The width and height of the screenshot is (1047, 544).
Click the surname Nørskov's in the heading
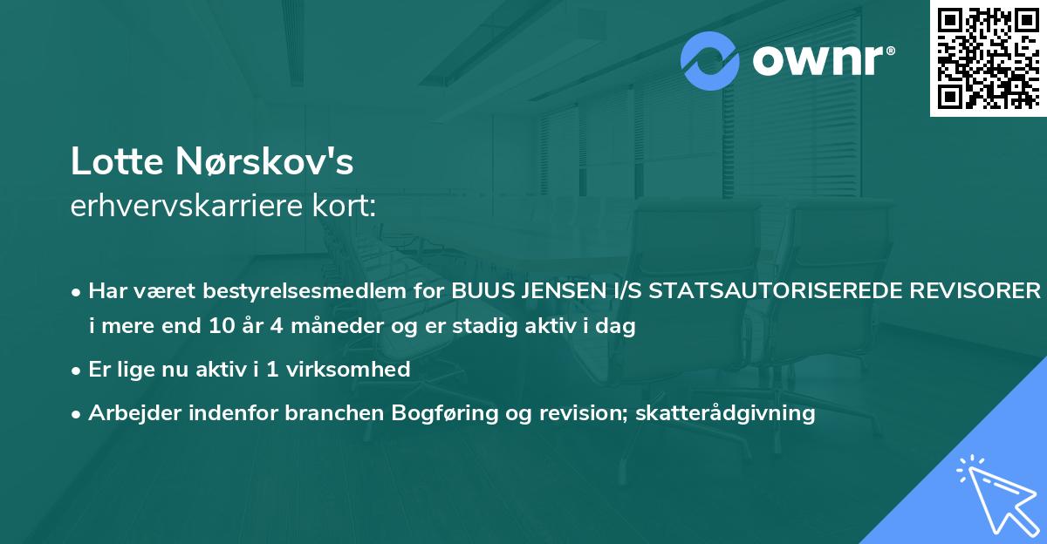point(269,163)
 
